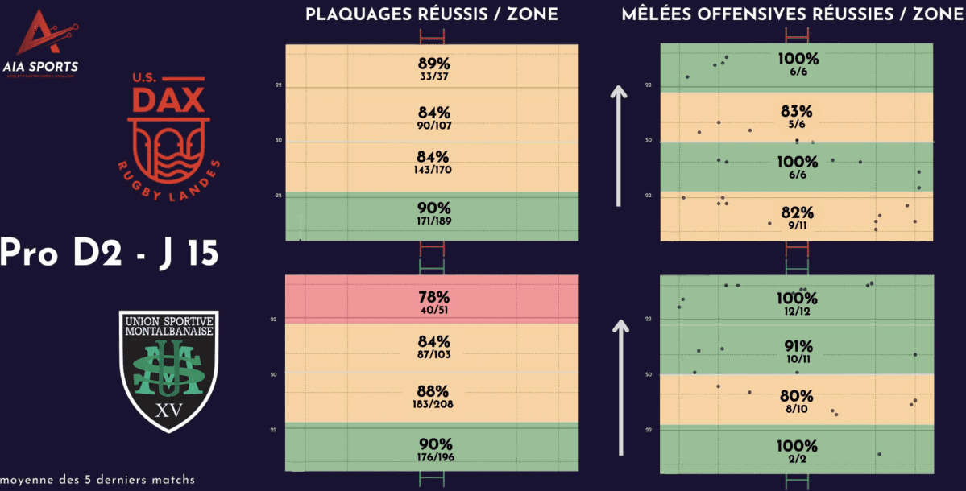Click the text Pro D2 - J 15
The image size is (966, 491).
tap(108, 252)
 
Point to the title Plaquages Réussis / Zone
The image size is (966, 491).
tap(431, 15)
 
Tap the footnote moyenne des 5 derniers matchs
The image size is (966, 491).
tap(97, 480)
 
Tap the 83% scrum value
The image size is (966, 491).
tap(797, 111)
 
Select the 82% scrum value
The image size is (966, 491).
tap(797, 213)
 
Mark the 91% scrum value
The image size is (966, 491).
tap(797, 348)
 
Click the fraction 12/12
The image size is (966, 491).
tap(797, 312)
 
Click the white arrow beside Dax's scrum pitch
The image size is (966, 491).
tap(618, 145)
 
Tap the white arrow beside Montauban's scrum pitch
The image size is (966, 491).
tap(620, 386)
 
